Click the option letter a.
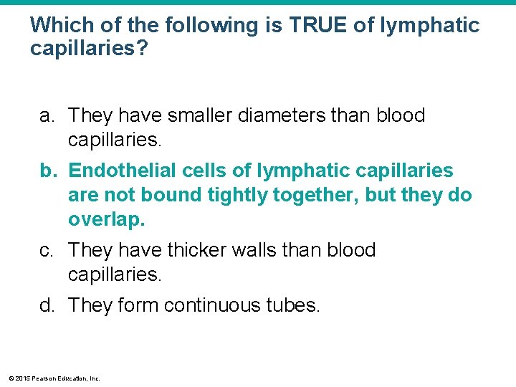[47, 115]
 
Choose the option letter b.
[47, 171]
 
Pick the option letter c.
[47, 250]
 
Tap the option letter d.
[47, 306]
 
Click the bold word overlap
[106, 219]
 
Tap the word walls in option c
[267, 250]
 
